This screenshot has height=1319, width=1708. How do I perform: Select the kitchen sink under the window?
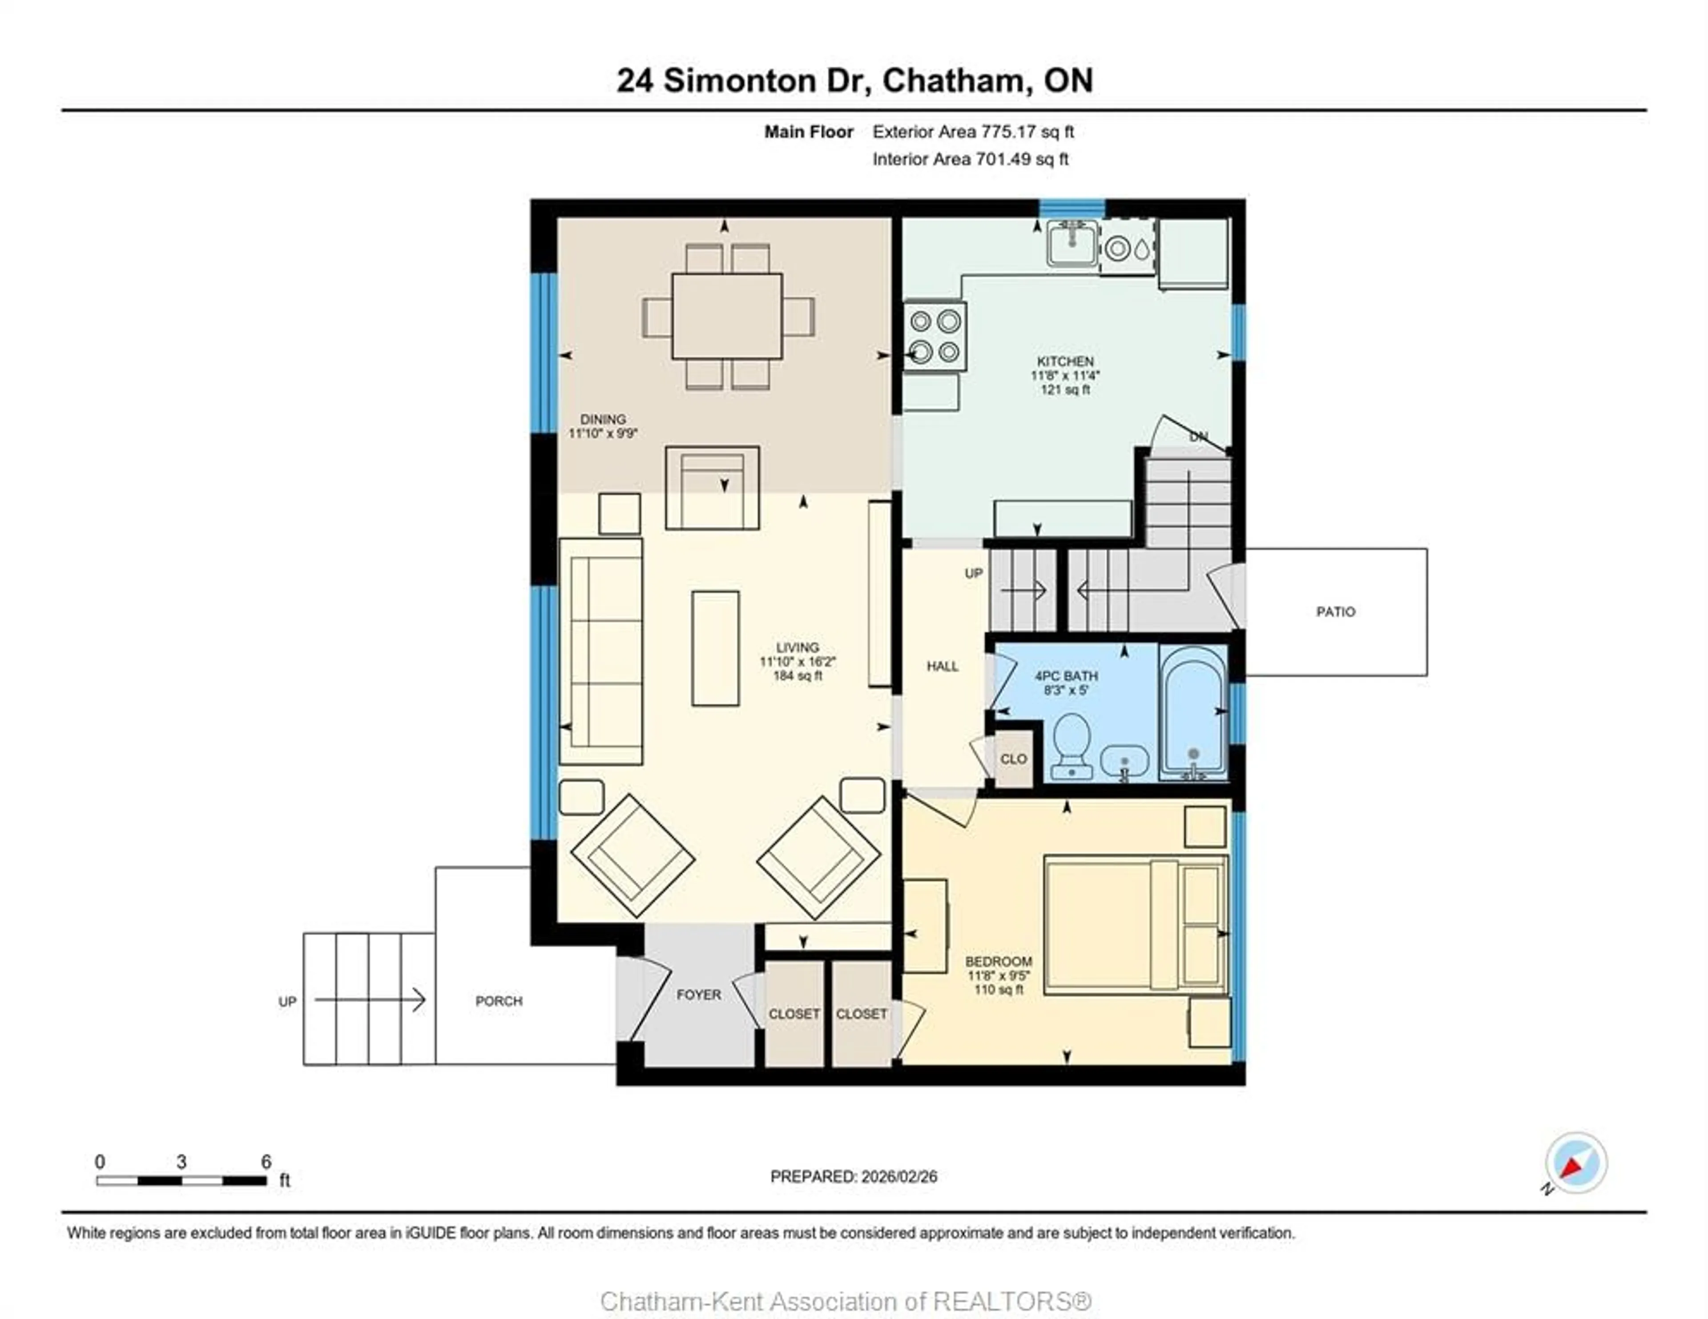click(1072, 244)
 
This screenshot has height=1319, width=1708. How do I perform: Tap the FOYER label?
click(698, 994)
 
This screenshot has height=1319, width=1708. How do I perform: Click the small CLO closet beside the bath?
click(1014, 758)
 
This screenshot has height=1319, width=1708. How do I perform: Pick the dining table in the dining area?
click(726, 316)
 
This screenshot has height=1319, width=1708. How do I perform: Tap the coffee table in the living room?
click(715, 648)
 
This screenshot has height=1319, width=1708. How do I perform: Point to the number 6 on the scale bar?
click(266, 1162)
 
